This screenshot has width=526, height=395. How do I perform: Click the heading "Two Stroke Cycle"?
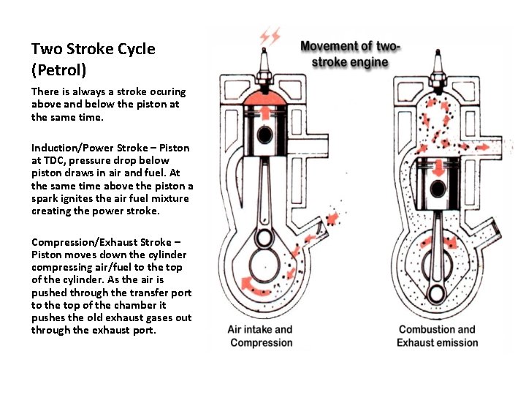point(93,49)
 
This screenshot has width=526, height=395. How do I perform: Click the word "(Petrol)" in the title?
point(58,70)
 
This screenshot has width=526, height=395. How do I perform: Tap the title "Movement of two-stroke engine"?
point(350,54)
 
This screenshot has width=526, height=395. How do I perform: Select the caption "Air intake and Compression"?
point(260,336)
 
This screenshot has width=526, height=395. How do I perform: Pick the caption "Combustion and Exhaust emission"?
point(437,336)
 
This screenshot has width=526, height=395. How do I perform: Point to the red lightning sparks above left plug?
point(270,36)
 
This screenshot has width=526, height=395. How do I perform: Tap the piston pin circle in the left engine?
point(263,135)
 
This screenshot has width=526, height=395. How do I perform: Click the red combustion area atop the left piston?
point(263,102)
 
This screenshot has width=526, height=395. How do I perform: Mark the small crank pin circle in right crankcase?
point(438,293)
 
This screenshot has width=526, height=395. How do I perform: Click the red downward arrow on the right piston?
point(438,206)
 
